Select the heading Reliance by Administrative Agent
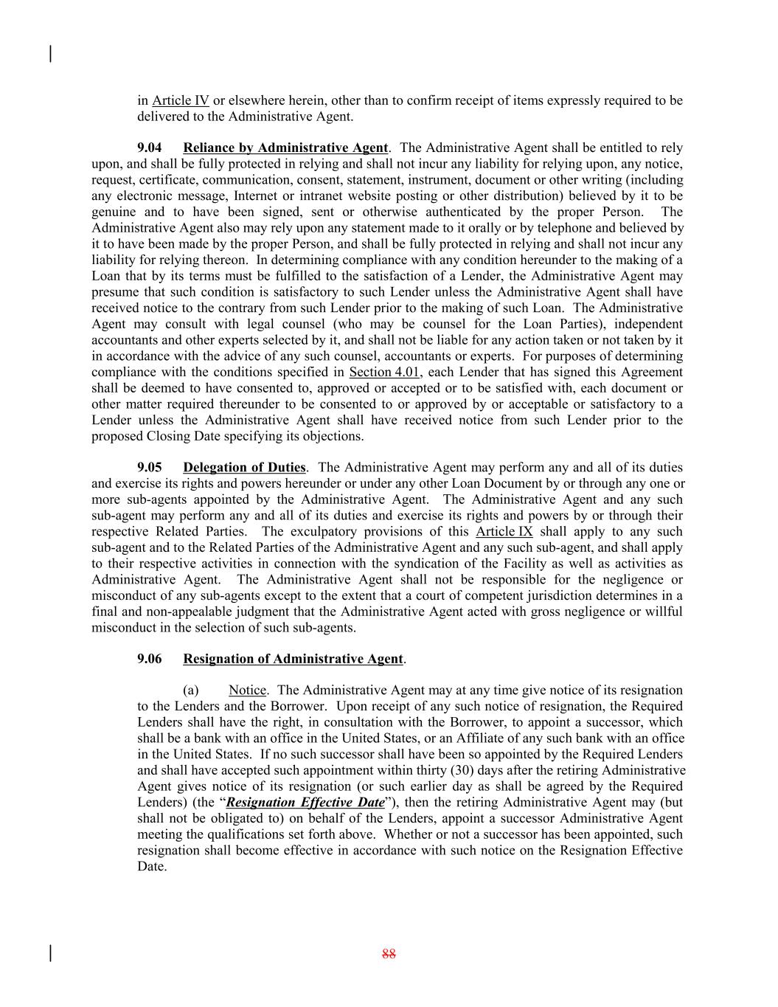285,148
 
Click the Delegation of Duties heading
243,468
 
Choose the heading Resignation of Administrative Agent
293,660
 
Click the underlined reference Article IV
181,100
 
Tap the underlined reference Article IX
504,532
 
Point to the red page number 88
389,954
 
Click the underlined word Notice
247,691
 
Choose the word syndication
426,564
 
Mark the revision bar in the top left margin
50,54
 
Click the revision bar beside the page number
50,953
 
